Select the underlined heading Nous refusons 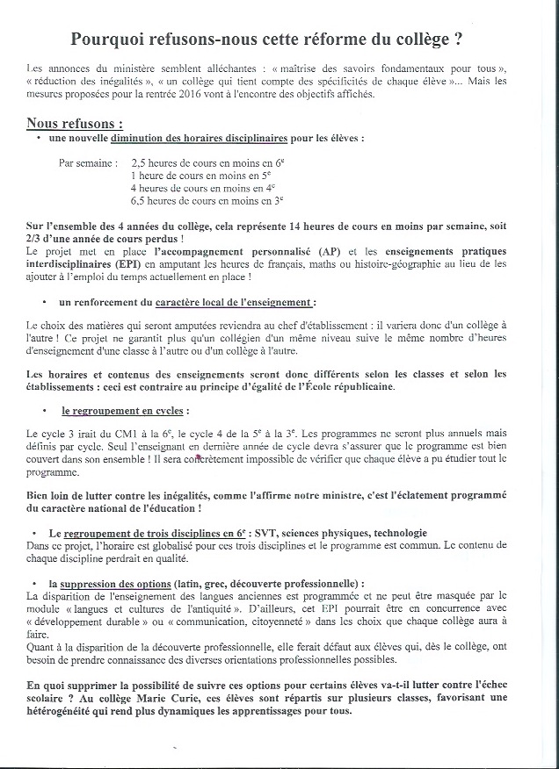(x=74, y=124)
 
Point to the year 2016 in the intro (x=198, y=94)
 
